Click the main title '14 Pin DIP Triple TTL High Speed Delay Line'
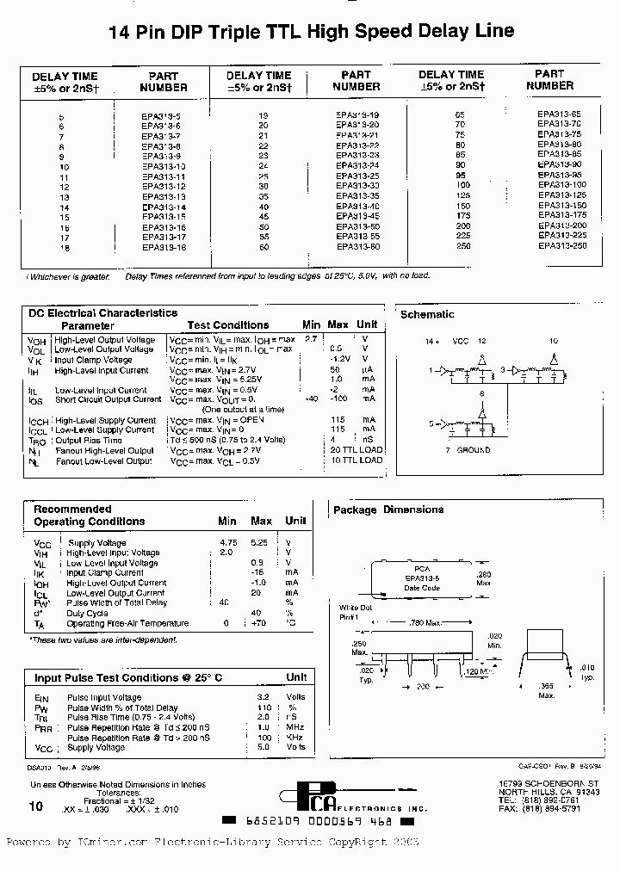[311, 32]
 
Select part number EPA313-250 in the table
[562, 246]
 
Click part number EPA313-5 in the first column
[164, 114]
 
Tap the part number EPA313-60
[356, 247]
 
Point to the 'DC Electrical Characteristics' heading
[102, 313]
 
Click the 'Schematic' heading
[427, 315]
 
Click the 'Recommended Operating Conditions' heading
[89, 516]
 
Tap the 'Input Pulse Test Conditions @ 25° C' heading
[127, 677]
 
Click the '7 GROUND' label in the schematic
[468, 450]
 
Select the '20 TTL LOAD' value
[356, 450]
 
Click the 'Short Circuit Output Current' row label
[108, 399]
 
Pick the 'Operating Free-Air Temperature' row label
[127, 623]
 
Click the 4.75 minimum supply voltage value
[227, 543]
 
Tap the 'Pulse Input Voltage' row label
[104, 698]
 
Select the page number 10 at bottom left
[35, 806]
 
